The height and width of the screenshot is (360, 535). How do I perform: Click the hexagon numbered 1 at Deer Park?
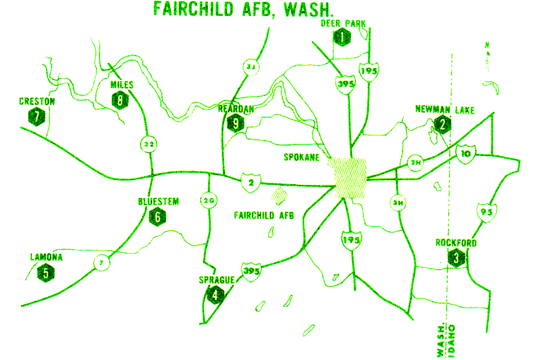click(x=342, y=37)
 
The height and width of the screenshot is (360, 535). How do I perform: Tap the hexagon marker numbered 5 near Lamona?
click(x=45, y=272)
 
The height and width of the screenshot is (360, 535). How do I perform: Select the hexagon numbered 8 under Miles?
click(x=120, y=99)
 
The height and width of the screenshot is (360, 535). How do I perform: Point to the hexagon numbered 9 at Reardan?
click(x=235, y=123)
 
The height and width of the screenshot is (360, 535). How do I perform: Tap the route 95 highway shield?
click(x=486, y=212)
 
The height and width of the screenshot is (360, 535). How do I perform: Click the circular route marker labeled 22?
click(x=148, y=144)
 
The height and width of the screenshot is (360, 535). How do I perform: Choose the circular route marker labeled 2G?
click(x=208, y=200)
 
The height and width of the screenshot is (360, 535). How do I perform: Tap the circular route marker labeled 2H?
click(x=416, y=163)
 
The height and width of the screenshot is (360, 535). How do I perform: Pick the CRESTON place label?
click(x=37, y=101)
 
